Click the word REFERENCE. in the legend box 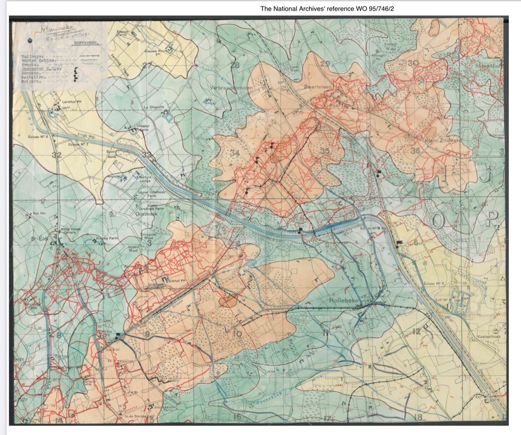pos(86,44)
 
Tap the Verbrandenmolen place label pos(231,88)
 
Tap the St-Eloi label pos(42,238)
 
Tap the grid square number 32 pos(56,155)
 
